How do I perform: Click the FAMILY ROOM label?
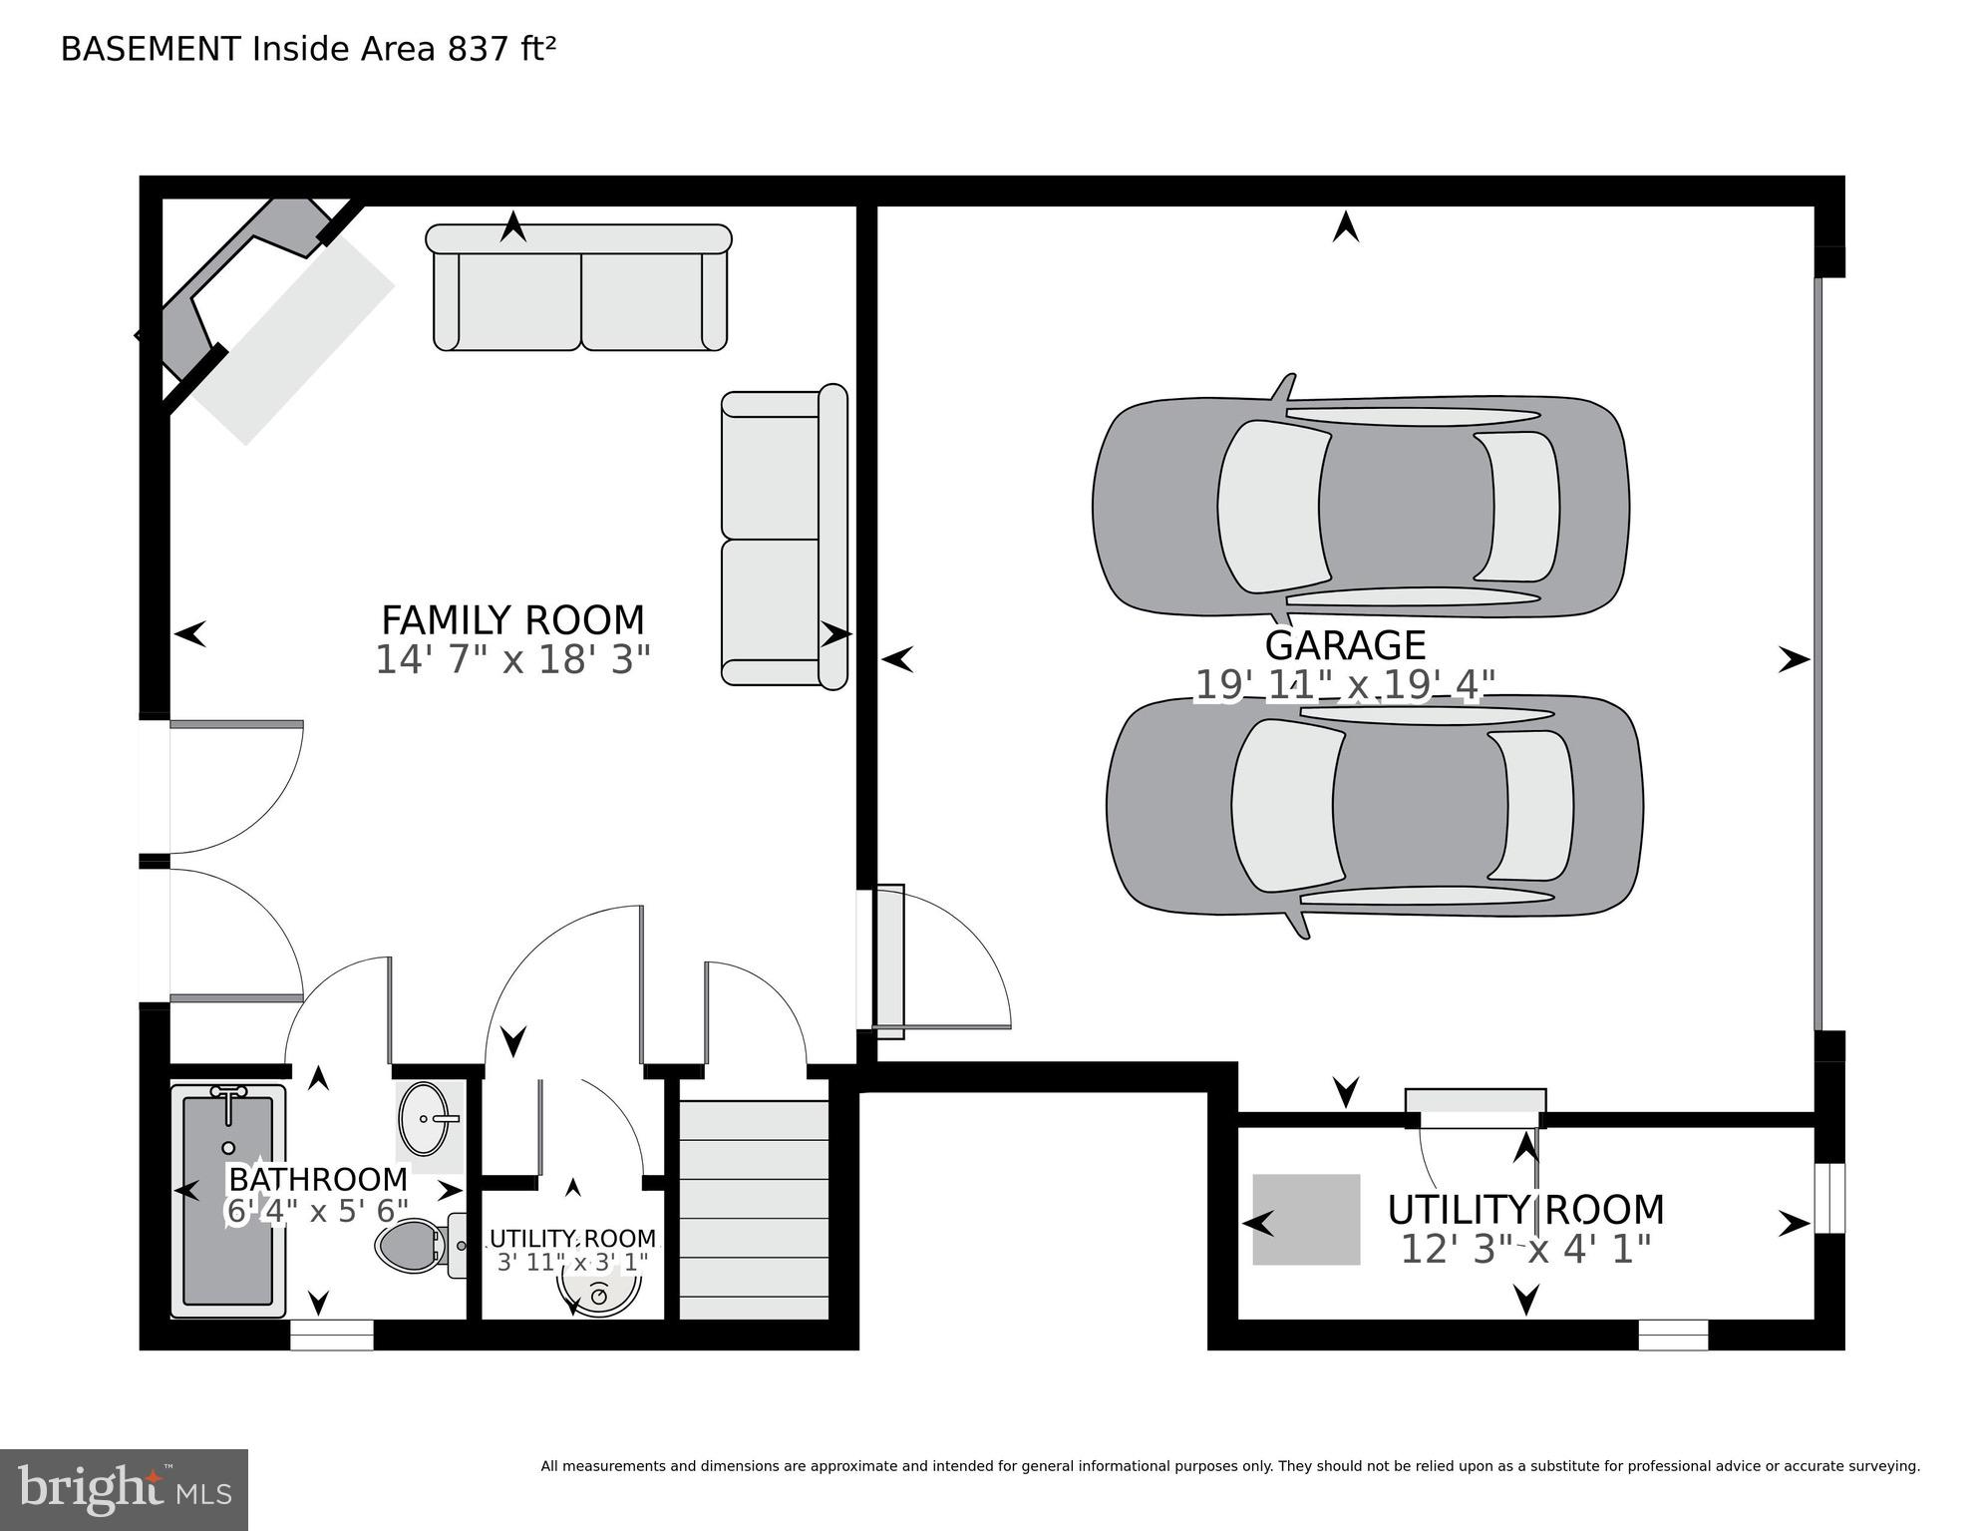click(x=512, y=620)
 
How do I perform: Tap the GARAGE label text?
click(x=1344, y=645)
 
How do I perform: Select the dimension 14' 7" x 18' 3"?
click(x=512, y=660)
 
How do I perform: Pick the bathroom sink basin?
click(x=429, y=1118)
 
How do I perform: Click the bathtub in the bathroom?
click(x=227, y=1201)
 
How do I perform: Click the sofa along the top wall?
click(x=579, y=289)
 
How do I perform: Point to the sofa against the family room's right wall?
click(x=784, y=539)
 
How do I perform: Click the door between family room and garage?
click(x=889, y=961)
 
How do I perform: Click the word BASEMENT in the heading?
click(x=151, y=49)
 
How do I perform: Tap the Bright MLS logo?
click(x=124, y=1488)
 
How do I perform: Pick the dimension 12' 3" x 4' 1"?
click(x=1525, y=1249)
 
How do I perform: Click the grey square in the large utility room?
click(x=1306, y=1219)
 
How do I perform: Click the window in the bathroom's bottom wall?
click(x=332, y=1335)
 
